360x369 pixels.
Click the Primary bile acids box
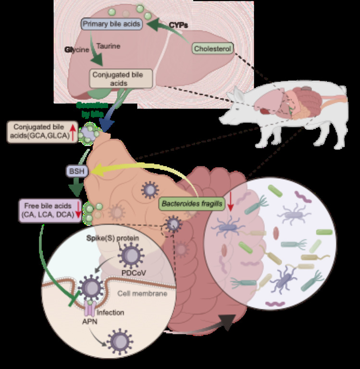112,24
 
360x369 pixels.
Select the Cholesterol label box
213,48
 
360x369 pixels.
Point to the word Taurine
108,46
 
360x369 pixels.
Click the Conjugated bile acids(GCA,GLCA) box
40,131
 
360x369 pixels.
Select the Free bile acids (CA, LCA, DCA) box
48,210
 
